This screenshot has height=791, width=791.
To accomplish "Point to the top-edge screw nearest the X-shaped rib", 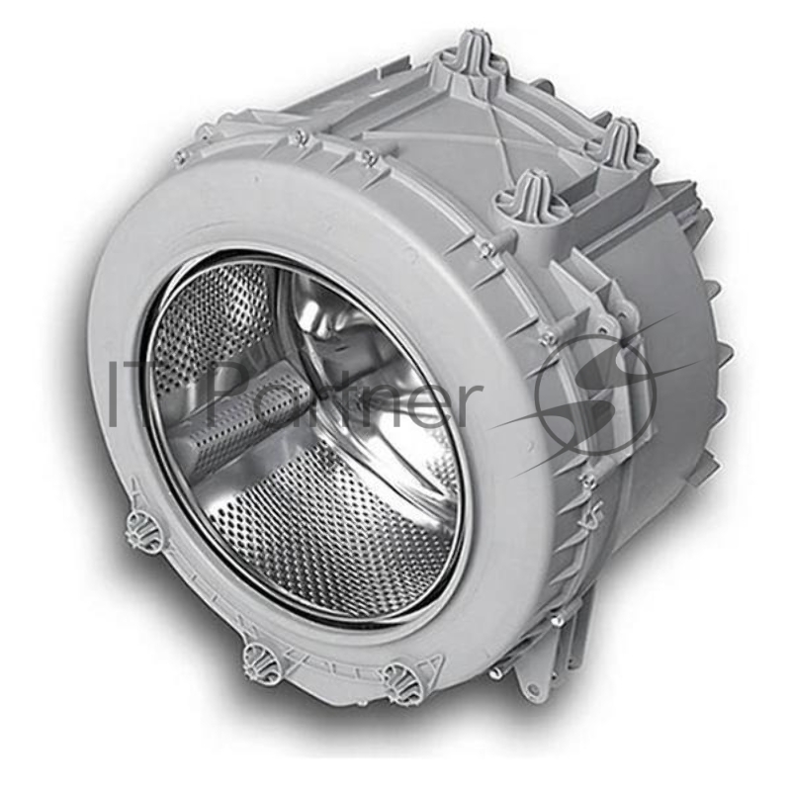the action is pos(366,157).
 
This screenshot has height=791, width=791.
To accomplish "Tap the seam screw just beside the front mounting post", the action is pos(485,246).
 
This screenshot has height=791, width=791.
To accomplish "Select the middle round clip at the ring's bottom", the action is pos(257,655).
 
